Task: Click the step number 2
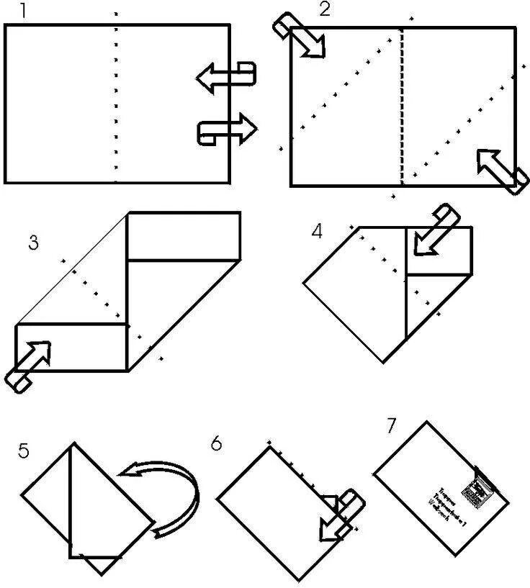click(325, 10)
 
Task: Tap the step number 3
click(32, 243)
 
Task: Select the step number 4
click(318, 232)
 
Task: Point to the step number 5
click(24, 451)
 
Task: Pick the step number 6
click(217, 443)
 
